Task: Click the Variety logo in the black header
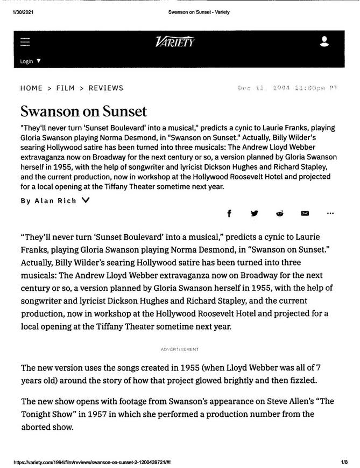coord(174,42)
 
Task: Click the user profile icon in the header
coord(324,41)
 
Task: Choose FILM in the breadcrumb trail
coord(65,88)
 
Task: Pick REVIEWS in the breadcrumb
coord(105,88)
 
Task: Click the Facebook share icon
coord(229,213)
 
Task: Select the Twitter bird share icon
coord(255,213)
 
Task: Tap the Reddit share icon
coord(280,213)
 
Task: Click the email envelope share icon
coord(305,213)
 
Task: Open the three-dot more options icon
coord(330,213)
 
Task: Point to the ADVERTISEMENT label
coord(180,350)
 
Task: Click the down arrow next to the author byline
coord(86,200)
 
